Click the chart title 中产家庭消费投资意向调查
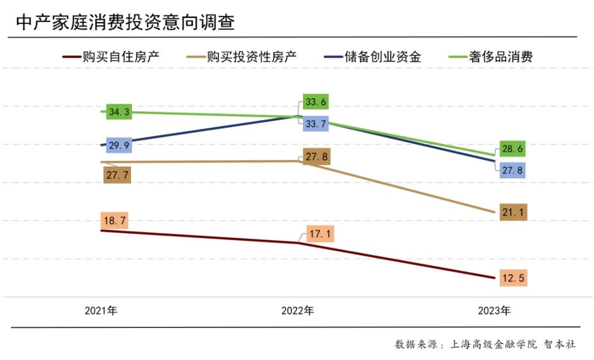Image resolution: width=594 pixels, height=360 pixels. point(125,23)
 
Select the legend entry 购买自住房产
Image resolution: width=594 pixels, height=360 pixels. point(111,57)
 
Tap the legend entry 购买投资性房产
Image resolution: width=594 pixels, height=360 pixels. point(241,57)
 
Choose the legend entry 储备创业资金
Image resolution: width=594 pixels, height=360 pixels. point(373,57)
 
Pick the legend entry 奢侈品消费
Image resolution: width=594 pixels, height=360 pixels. point(491,57)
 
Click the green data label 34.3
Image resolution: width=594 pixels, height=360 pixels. point(119,112)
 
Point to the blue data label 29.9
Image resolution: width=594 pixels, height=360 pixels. point(119,145)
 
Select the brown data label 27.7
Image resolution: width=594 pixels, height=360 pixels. point(117,175)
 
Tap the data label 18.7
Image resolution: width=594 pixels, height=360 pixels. point(115,220)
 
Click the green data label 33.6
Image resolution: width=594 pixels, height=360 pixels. point(316,102)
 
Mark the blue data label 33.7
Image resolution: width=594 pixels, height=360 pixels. point(316,124)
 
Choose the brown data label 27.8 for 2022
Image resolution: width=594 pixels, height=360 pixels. point(317,156)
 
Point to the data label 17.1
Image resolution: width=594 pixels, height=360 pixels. point(320,234)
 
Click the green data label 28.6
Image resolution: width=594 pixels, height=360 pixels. point(513,148)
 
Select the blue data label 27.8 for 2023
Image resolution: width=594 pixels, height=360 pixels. point(513,170)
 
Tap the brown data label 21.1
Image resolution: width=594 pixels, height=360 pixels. point(513,212)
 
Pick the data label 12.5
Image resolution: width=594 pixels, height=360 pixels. point(513,278)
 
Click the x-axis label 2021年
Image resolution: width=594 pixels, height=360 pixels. point(101,311)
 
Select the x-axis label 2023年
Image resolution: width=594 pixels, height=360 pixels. point(494,311)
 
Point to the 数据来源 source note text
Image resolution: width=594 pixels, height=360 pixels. point(485,344)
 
